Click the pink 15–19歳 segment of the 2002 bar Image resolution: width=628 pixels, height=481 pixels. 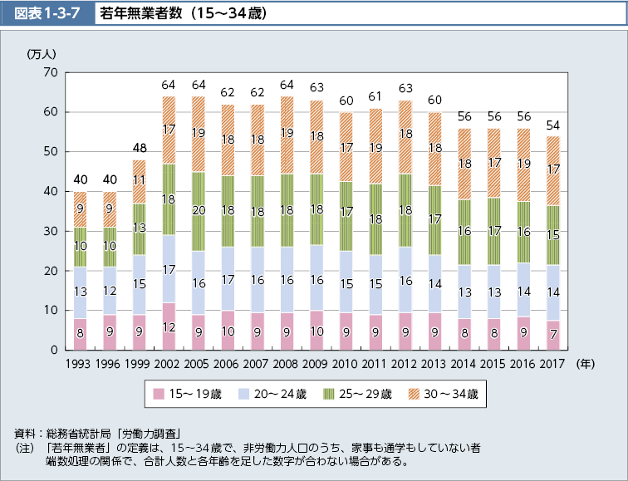(x=169, y=326)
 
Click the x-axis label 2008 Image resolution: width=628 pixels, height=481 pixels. (x=286, y=364)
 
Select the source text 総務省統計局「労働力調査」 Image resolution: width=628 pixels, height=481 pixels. (x=125, y=434)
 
